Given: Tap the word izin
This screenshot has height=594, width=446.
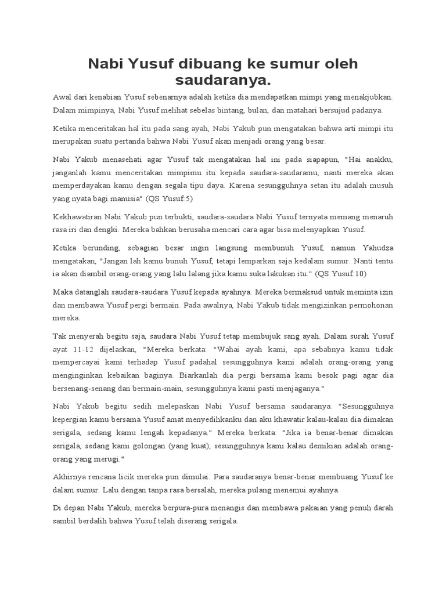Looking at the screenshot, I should [x=384, y=292].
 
